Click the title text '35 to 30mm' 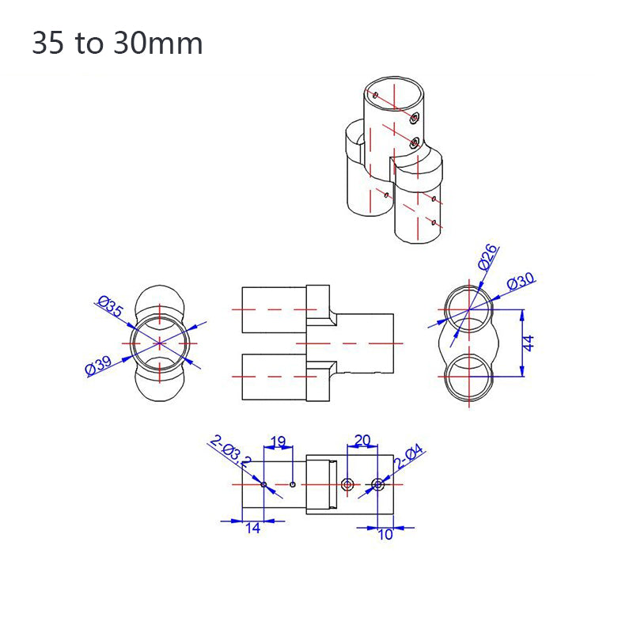click(117, 44)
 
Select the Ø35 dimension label click(110, 308)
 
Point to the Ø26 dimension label click(488, 257)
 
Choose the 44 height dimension click(529, 343)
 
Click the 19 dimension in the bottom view click(278, 442)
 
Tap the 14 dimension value click(252, 529)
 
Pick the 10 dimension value click(385, 534)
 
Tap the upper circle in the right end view click(468, 308)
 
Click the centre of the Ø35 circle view click(160, 343)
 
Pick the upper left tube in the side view click(273, 309)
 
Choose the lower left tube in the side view click(273, 377)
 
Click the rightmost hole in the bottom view click(377, 483)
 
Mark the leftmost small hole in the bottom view click(263, 483)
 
